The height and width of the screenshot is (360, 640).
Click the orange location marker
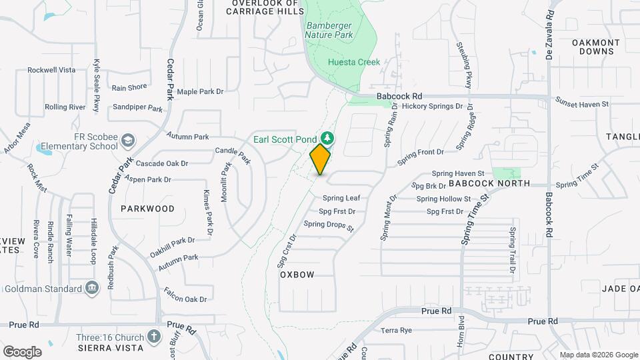(320, 159)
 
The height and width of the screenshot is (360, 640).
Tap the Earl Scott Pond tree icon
(327, 139)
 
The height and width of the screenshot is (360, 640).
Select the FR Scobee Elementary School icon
(129, 141)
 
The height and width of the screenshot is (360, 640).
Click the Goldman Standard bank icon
(92, 288)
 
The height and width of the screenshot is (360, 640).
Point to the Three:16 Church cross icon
(154, 336)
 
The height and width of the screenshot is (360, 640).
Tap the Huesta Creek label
(353, 62)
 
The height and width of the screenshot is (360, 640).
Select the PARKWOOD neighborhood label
(147, 209)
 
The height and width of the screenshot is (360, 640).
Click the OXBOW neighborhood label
(297, 275)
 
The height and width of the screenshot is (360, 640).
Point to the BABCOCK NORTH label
(489, 183)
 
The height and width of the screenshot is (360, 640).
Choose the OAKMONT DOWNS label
(596, 47)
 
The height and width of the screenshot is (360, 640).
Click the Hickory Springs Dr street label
(432, 106)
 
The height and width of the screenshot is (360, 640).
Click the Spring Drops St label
(328, 225)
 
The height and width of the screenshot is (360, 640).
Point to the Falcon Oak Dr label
(185, 295)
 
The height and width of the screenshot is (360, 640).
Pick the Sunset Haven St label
(582, 104)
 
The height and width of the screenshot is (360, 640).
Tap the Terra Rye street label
(397, 331)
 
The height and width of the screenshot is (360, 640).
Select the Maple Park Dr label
(199, 91)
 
